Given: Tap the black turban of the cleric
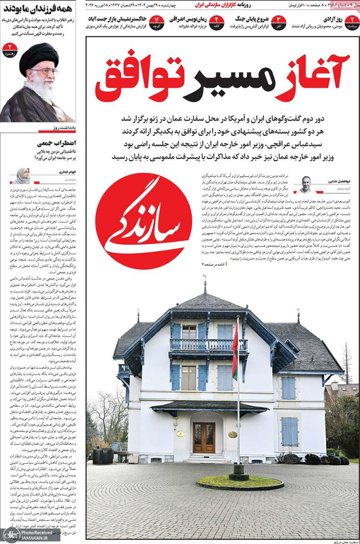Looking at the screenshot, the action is pyautogui.click(x=38, y=58).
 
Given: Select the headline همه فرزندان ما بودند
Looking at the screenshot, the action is pyautogui.click(x=38, y=11).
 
